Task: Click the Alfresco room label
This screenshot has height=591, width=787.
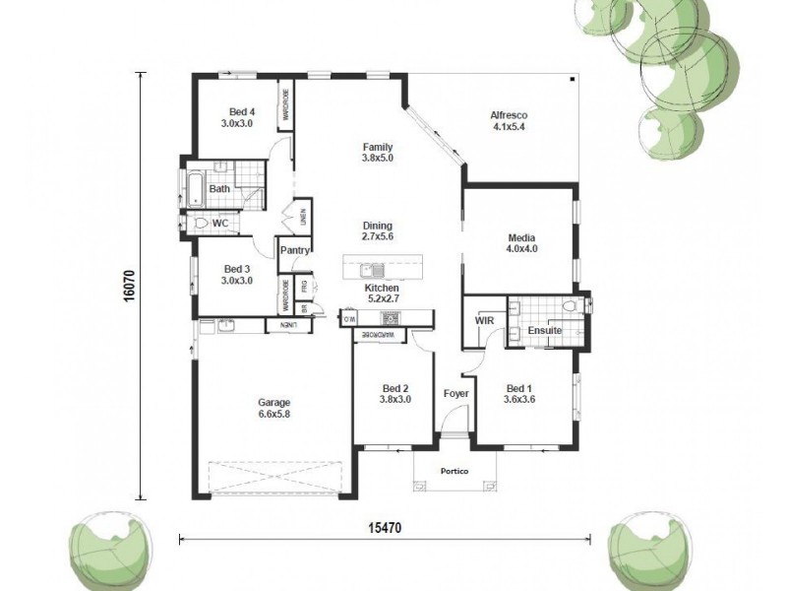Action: tap(508, 116)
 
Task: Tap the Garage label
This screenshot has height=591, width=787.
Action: tap(273, 402)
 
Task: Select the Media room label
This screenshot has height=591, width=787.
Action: tap(521, 237)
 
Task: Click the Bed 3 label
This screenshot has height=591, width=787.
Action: tap(238, 268)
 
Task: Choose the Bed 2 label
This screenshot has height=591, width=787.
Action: tap(394, 387)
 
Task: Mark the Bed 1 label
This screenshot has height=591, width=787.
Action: tap(518, 387)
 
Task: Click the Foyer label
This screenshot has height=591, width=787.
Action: tap(455, 394)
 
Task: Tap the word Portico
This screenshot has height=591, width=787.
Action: tap(454, 472)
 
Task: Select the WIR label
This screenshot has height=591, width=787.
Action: tap(484, 321)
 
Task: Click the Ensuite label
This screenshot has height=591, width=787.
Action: tap(544, 331)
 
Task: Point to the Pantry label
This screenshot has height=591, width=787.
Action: tap(295, 250)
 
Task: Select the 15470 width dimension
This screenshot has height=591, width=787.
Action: tap(386, 528)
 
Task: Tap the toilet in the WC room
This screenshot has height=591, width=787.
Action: tap(201, 224)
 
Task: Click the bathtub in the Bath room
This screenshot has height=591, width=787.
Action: tap(190, 187)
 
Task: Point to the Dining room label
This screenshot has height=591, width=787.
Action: tap(377, 225)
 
